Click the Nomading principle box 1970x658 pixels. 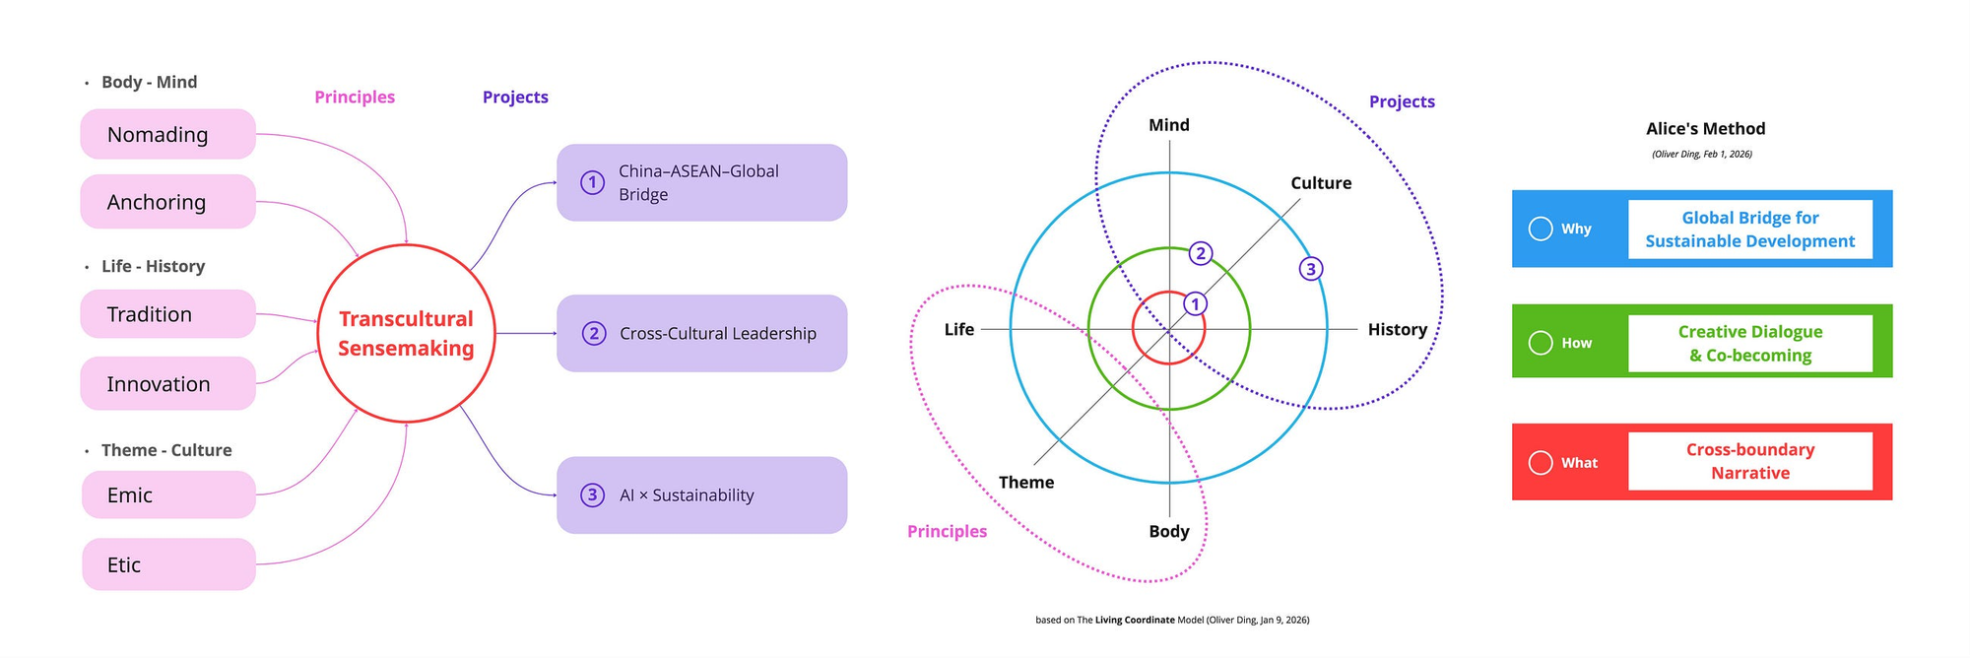tap(167, 134)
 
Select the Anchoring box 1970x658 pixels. tap(167, 202)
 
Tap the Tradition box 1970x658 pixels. tap(167, 314)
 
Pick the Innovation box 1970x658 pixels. tap(167, 383)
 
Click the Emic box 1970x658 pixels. tap(168, 494)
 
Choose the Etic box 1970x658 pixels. tap(168, 564)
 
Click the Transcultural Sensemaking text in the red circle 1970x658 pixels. tap(406, 333)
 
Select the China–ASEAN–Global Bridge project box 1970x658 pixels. tap(701, 182)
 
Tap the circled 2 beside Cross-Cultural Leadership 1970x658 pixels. tap(593, 333)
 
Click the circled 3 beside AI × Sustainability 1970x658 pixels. tap(592, 494)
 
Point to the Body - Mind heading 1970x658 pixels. tap(149, 82)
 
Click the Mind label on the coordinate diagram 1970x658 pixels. tap(1169, 125)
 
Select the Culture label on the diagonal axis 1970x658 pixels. tap(1321, 183)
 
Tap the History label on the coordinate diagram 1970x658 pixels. tap(1397, 329)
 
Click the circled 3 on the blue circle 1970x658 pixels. tap(1310, 268)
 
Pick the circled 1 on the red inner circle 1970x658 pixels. tap(1195, 303)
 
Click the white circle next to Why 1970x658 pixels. tap(1541, 229)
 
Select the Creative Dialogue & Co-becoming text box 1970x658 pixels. tap(1750, 343)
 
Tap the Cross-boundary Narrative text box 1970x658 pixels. tap(1750, 461)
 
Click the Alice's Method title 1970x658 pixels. tap(1705, 128)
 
